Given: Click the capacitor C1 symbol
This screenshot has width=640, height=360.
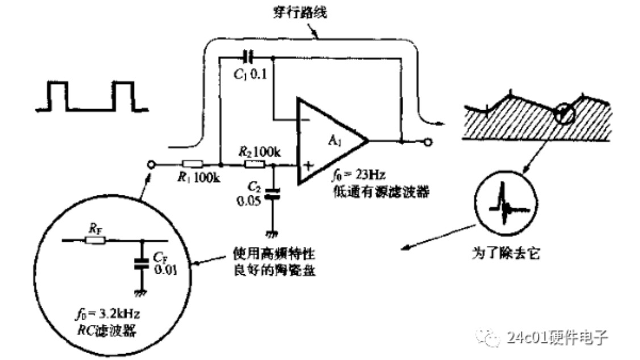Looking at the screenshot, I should click(248, 57).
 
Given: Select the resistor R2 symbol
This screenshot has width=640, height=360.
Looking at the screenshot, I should click(254, 165).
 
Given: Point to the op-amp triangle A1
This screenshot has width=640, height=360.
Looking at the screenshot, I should click(329, 140).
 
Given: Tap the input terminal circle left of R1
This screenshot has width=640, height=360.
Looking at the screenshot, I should click(150, 165).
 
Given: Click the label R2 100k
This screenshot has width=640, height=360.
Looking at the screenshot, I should click(261, 151).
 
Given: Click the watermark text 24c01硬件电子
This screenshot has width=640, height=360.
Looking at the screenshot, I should click(555, 337).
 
